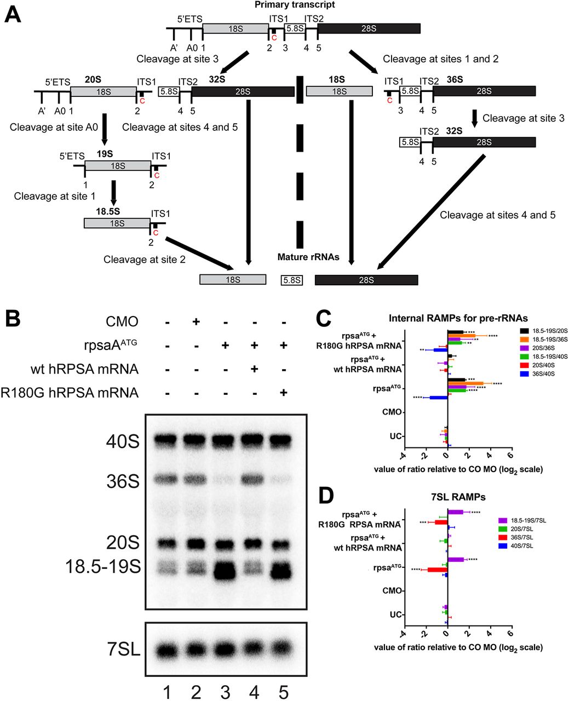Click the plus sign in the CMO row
click(196, 321)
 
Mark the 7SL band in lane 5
click(283, 650)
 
